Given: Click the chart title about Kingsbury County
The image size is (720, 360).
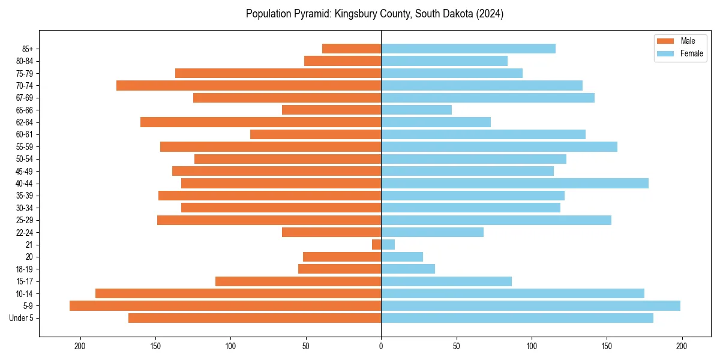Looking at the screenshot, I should (x=374, y=14).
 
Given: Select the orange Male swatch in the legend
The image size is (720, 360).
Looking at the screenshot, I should (x=665, y=41).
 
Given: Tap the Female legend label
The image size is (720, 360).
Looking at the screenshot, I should (x=691, y=53).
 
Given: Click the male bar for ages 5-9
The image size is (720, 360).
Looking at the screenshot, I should (x=225, y=306).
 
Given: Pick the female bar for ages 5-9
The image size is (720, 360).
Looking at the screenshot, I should (x=530, y=306).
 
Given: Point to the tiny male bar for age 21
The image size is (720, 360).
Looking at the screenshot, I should (x=376, y=245).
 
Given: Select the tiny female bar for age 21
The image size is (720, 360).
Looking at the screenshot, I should (x=388, y=245).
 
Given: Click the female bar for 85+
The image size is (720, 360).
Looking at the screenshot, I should (x=468, y=49).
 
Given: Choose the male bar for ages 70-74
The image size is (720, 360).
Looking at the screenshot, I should (x=248, y=85).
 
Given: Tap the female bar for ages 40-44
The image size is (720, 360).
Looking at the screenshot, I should (x=514, y=184).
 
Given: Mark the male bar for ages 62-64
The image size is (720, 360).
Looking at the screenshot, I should (x=260, y=122).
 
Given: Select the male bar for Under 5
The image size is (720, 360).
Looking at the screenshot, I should (x=254, y=318).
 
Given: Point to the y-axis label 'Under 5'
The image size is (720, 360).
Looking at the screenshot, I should (x=22, y=318).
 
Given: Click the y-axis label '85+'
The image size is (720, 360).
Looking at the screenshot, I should (x=27, y=49).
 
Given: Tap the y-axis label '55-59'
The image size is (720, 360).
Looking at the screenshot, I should (x=25, y=147).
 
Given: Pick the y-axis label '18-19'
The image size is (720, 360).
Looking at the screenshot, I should (x=25, y=269).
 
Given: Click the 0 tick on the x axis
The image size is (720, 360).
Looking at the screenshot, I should (x=381, y=346).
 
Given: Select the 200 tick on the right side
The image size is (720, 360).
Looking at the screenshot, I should (x=682, y=346).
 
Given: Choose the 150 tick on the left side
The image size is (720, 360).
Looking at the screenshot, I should (x=155, y=346).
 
